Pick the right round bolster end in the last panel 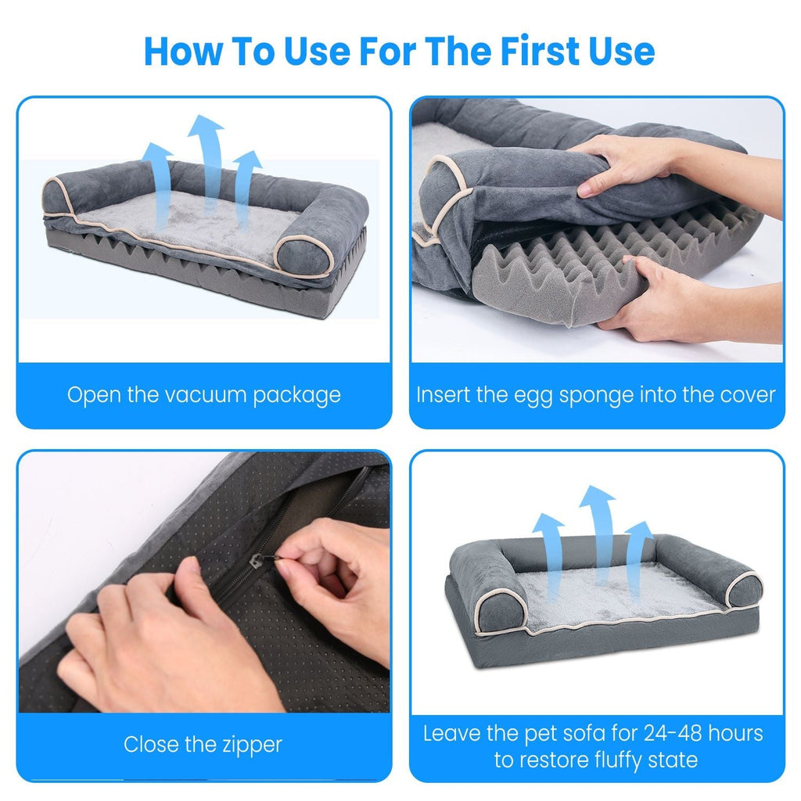[743, 587]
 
